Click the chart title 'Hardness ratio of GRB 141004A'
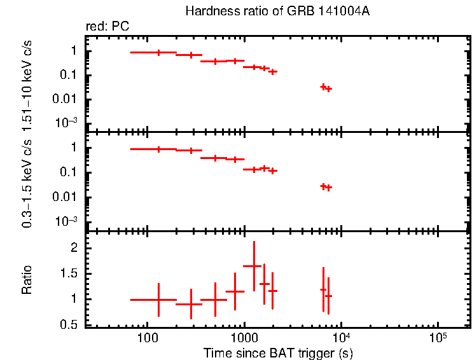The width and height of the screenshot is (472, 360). pyautogui.click(x=277, y=11)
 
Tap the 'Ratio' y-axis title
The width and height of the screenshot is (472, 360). pyautogui.click(x=27, y=280)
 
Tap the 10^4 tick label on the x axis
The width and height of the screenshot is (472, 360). pyautogui.click(x=340, y=337)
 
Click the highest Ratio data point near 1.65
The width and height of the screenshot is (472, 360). pyautogui.click(x=254, y=266)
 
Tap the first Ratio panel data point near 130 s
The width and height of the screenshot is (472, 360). pyautogui.click(x=158, y=300)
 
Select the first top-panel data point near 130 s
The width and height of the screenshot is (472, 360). pyautogui.click(x=158, y=52)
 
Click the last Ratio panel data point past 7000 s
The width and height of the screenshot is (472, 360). pyautogui.click(x=328, y=296)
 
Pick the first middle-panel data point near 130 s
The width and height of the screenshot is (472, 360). pyautogui.click(x=158, y=149)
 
